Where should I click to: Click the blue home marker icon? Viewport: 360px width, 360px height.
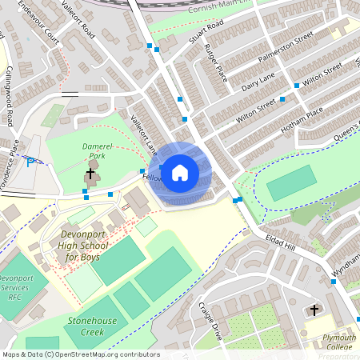(180, 172)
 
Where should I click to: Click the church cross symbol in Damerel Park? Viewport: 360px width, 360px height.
(90, 173)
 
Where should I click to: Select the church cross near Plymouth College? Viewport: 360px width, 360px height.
(314, 309)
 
